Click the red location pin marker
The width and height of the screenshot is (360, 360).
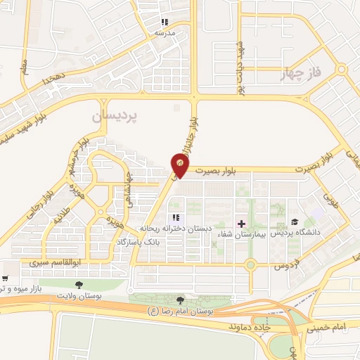click(180, 166)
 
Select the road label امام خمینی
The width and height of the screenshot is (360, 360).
click(326, 328)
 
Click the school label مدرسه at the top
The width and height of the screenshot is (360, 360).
click(164, 33)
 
